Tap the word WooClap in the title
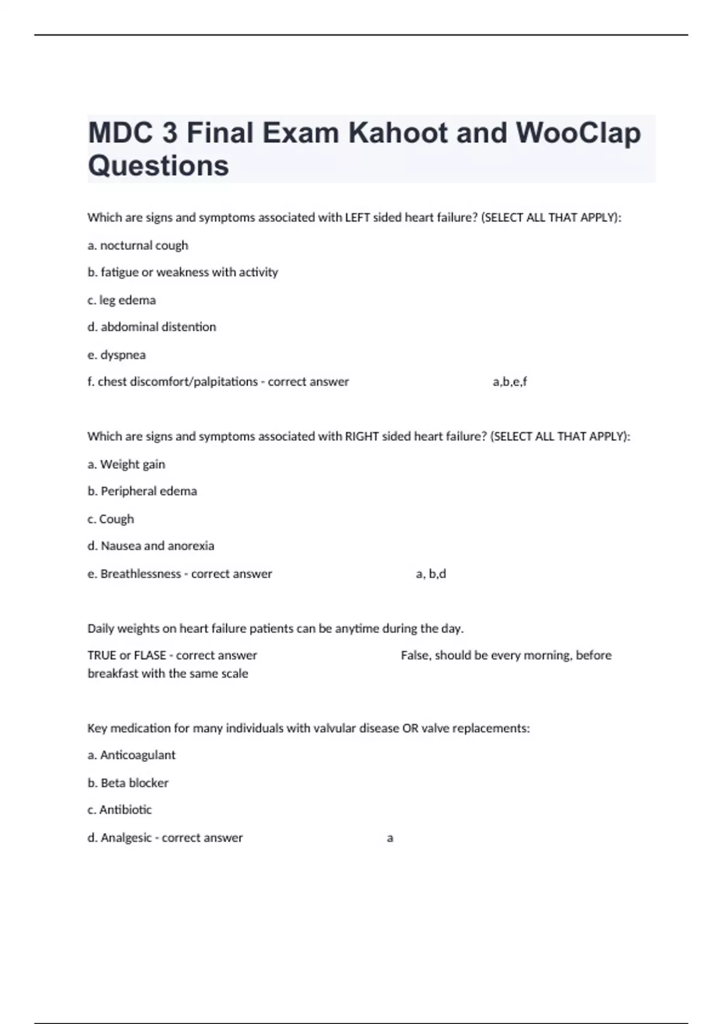click(x=578, y=133)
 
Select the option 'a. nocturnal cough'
click(x=138, y=245)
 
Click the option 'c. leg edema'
click(x=122, y=300)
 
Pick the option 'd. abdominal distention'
click(x=152, y=327)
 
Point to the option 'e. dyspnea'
click(x=117, y=355)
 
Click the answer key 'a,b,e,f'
click(x=510, y=382)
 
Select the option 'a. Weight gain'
click(x=127, y=464)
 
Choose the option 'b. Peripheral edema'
click(x=142, y=492)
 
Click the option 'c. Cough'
click(x=111, y=519)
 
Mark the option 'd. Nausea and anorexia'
click(x=151, y=546)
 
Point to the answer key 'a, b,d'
click(x=431, y=574)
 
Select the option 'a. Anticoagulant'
click(x=131, y=755)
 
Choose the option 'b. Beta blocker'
click(x=128, y=783)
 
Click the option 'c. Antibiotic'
click(x=120, y=810)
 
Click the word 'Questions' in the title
click(x=158, y=166)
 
